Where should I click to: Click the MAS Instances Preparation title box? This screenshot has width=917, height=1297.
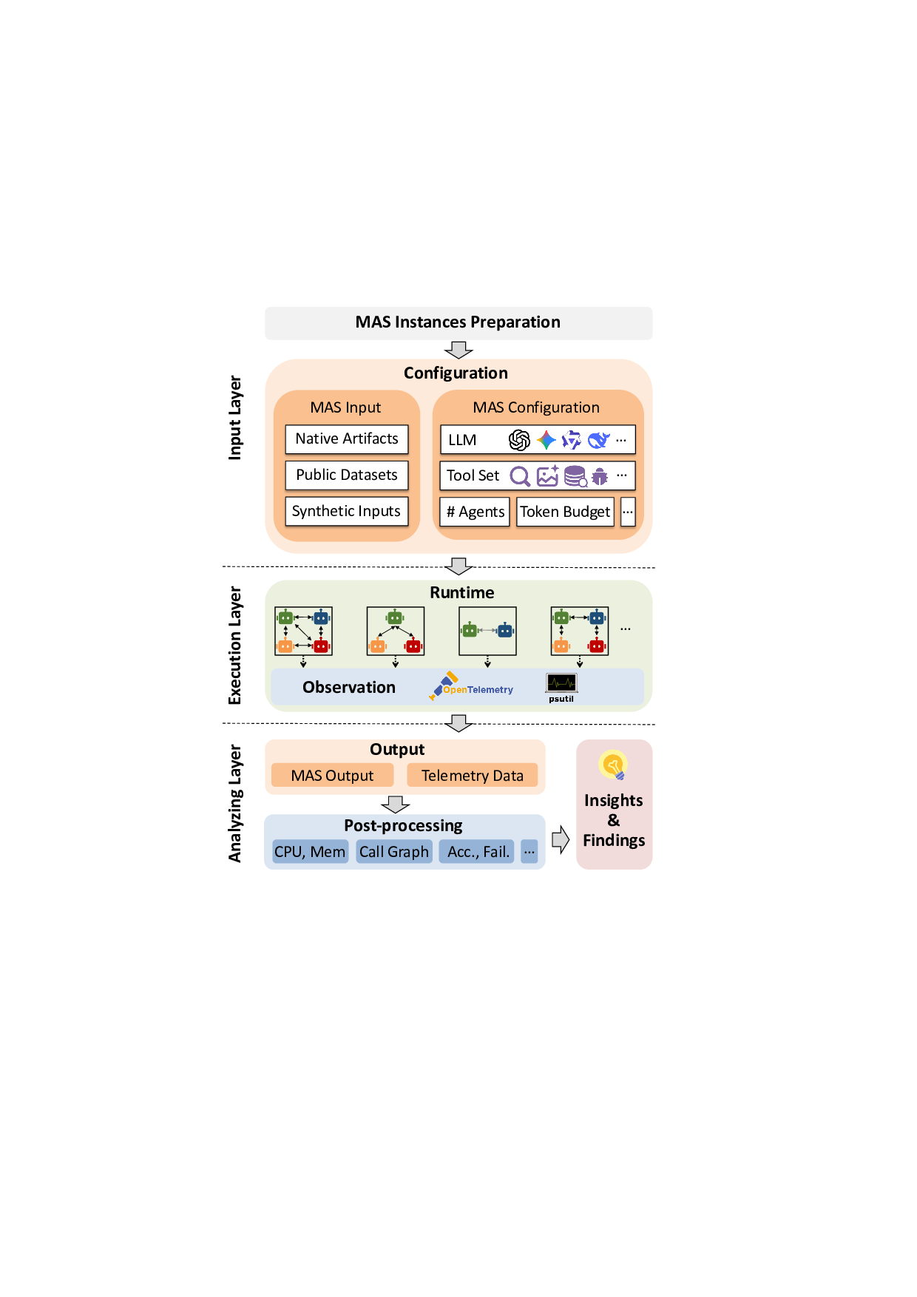pyautogui.click(x=458, y=323)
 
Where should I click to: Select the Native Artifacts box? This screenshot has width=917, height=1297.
pyautogui.click(x=347, y=439)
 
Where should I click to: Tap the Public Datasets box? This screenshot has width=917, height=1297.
pyautogui.click(x=347, y=475)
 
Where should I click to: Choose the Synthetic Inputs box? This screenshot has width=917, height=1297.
pyautogui.click(x=347, y=512)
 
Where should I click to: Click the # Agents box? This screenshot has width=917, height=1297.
pyautogui.click(x=475, y=512)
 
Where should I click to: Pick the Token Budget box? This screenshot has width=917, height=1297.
pyautogui.click(x=565, y=512)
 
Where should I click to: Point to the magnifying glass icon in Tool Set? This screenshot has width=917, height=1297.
pyautogui.click(x=520, y=476)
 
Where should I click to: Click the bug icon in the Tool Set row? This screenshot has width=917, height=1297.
pyautogui.click(x=600, y=476)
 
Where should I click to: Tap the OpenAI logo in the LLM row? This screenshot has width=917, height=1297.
pyautogui.click(x=519, y=441)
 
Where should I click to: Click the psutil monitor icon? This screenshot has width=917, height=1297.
pyautogui.click(x=561, y=683)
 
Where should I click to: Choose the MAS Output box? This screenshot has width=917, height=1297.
pyautogui.click(x=332, y=776)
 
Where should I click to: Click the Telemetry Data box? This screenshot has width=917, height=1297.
pyautogui.click(x=472, y=776)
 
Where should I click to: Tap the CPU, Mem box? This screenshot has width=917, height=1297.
pyautogui.click(x=310, y=852)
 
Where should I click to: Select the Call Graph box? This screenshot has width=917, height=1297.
pyautogui.click(x=394, y=852)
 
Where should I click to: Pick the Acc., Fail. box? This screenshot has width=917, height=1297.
pyautogui.click(x=478, y=852)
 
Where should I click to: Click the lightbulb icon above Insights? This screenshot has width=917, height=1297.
pyautogui.click(x=613, y=765)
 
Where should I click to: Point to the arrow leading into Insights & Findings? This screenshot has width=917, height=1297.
pyautogui.click(x=561, y=839)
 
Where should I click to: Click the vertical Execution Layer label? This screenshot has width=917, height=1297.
pyautogui.click(x=235, y=646)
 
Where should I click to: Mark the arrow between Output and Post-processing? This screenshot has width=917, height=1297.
pyautogui.click(x=396, y=804)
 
